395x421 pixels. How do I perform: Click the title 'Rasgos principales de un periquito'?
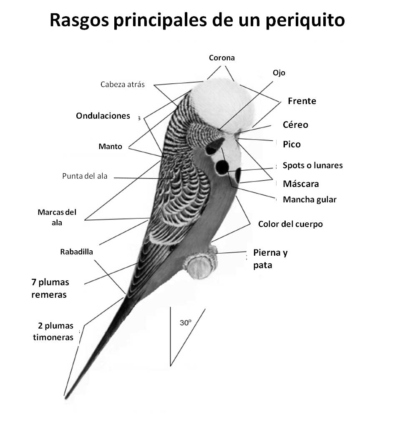pyautogui.click(x=197, y=20)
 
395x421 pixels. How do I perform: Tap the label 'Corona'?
pyautogui.click(x=221, y=58)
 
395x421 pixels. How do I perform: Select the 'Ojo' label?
pyautogui.click(x=279, y=72)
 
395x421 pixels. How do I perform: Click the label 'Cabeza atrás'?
pyautogui.click(x=123, y=85)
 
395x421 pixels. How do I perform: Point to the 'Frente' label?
pyautogui.click(x=302, y=101)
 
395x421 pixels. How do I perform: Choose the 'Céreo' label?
pyautogui.click(x=295, y=125)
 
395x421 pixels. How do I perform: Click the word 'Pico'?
pyautogui.click(x=292, y=144)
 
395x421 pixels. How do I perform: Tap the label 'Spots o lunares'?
pyautogui.click(x=312, y=165)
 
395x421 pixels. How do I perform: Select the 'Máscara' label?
pyautogui.click(x=301, y=184)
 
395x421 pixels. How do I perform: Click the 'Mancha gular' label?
pyautogui.click(x=309, y=199)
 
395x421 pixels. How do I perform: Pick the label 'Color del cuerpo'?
pyautogui.click(x=290, y=224)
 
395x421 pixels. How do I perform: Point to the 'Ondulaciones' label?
pyautogui.click(x=103, y=116)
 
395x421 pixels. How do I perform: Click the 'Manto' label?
pyautogui.click(x=111, y=147)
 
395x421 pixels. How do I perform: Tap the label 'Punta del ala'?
pyautogui.click(x=85, y=176)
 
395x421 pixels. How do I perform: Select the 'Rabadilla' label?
pyautogui.click(x=76, y=252)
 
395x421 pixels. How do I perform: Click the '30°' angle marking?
pyautogui.click(x=185, y=322)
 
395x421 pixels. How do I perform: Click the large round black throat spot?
pyautogui.click(x=222, y=167)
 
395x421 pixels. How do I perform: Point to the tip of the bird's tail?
pyautogui.click(x=65, y=395)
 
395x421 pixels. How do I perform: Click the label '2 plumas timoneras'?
pyautogui.click(x=53, y=331)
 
